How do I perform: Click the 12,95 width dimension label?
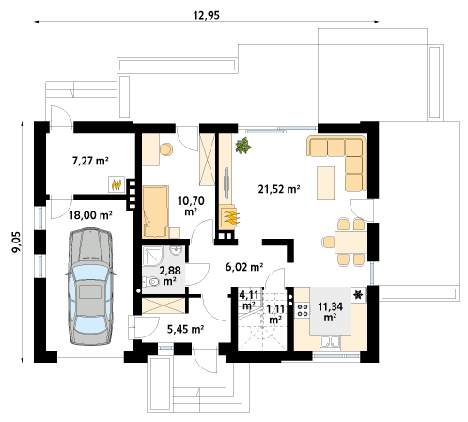(207, 15)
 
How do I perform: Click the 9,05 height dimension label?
(16, 242)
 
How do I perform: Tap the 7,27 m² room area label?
(90, 161)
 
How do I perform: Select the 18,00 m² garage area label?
(90, 215)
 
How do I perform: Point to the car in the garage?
(90, 288)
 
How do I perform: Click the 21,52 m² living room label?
(279, 189)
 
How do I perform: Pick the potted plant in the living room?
(243, 146)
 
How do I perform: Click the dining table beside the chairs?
(351, 242)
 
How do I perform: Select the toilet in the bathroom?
(151, 281)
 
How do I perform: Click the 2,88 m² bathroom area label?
(170, 275)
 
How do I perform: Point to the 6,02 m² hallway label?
(244, 267)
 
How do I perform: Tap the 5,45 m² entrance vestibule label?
(185, 329)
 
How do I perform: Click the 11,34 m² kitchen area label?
(330, 311)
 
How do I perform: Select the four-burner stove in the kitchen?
(303, 309)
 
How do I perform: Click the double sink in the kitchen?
(330, 342)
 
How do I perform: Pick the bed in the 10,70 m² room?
(156, 211)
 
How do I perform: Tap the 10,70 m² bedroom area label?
(191, 206)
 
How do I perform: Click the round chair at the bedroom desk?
(166, 149)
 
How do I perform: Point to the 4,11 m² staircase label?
(249, 300)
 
